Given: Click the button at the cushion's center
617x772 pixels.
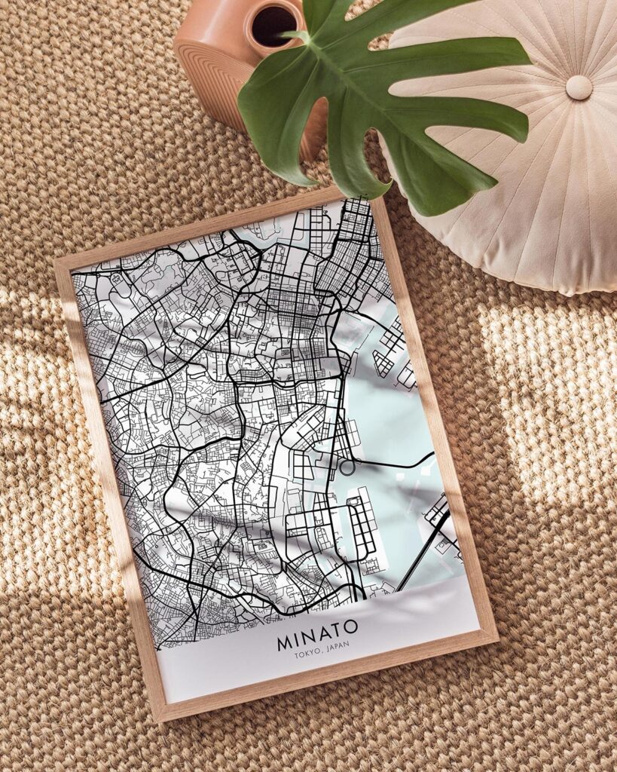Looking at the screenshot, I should (x=579, y=87).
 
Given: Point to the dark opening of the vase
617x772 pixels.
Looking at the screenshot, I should (x=274, y=26).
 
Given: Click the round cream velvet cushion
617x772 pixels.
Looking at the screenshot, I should (x=520, y=173).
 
